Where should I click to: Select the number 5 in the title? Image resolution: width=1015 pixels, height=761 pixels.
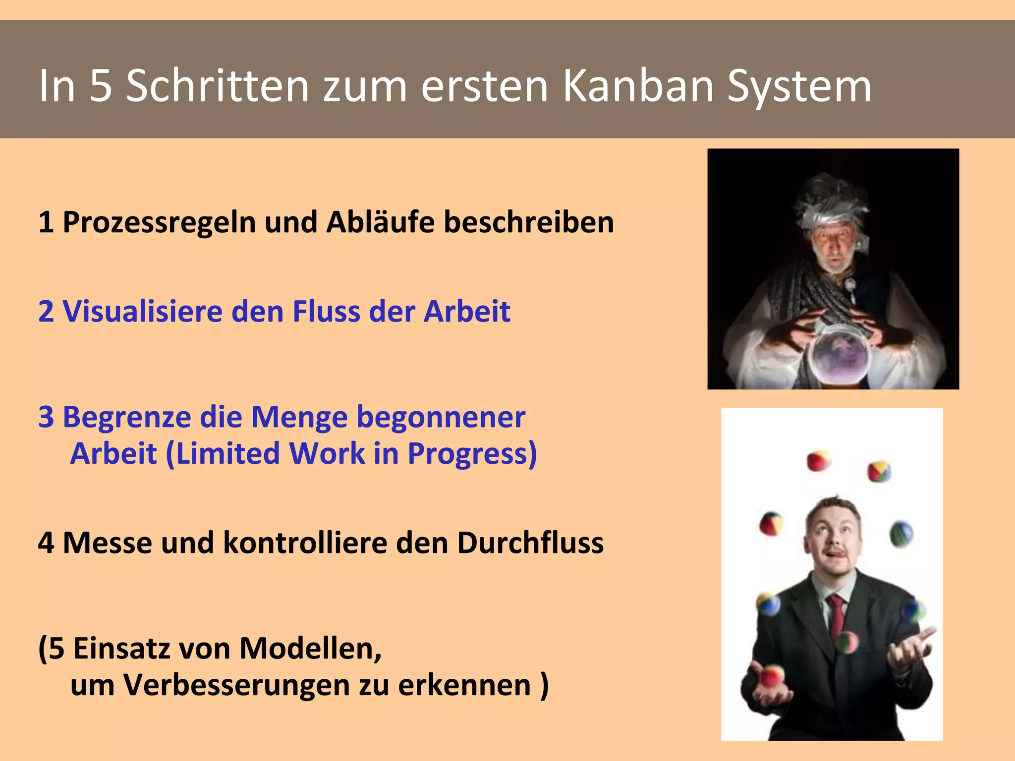pyautogui.click(x=101, y=86)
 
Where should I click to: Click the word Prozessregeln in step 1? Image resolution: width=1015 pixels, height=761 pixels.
pyautogui.click(x=159, y=223)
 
